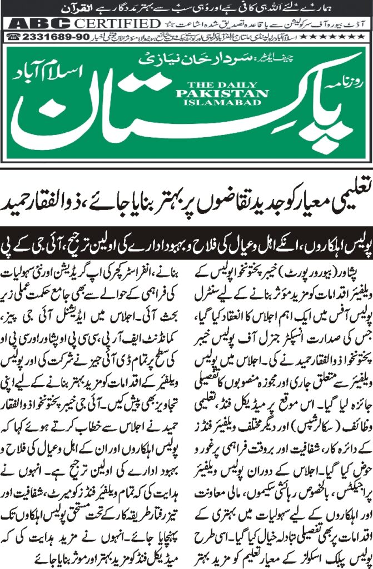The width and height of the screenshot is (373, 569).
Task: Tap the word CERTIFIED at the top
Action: [117, 24]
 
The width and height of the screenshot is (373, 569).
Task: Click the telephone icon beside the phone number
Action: [14, 37]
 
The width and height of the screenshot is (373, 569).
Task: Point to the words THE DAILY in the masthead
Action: [210, 84]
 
